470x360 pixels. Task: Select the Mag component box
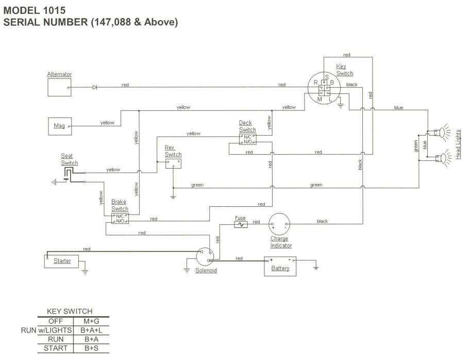(59, 125)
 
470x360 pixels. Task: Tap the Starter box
(61, 261)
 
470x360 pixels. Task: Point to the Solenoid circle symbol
(205, 256)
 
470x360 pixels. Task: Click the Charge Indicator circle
(280, 224)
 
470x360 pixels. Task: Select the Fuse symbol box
(241, 224)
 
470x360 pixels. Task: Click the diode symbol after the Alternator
(94, 87)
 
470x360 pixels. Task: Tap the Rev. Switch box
(173, 163)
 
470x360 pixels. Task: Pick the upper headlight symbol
(440, 133)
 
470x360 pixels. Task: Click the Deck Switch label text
(247, 126)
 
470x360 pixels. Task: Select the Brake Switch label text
(120, 206)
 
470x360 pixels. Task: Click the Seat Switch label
(70, 159)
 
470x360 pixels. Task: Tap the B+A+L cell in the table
(94, 330)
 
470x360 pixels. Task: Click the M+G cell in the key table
(94, 320)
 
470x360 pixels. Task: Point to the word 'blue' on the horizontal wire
(398, 108)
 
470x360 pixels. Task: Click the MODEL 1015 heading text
(35, 9)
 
